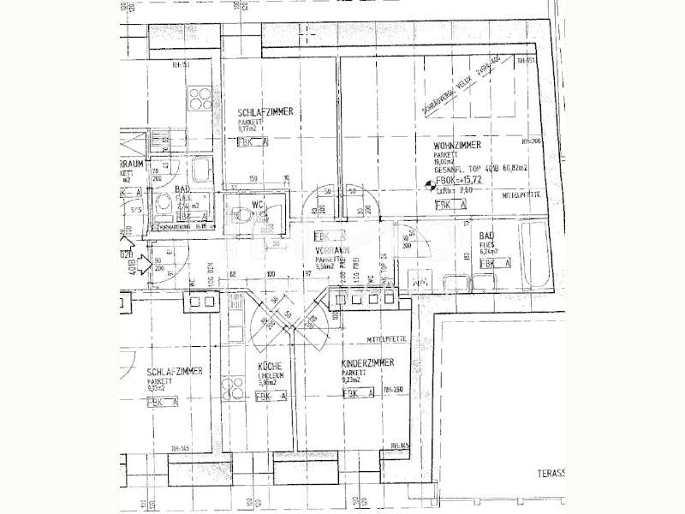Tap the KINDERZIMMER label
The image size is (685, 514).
(366, 363)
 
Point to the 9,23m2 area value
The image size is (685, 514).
(353, 382)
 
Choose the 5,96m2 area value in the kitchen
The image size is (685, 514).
(269, 383)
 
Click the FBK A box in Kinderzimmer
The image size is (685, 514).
(359, 394)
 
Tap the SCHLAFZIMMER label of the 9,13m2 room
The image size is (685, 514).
(174, 371)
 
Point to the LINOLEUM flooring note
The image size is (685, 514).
(271, 375)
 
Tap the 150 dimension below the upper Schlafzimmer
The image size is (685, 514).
(253, 179)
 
